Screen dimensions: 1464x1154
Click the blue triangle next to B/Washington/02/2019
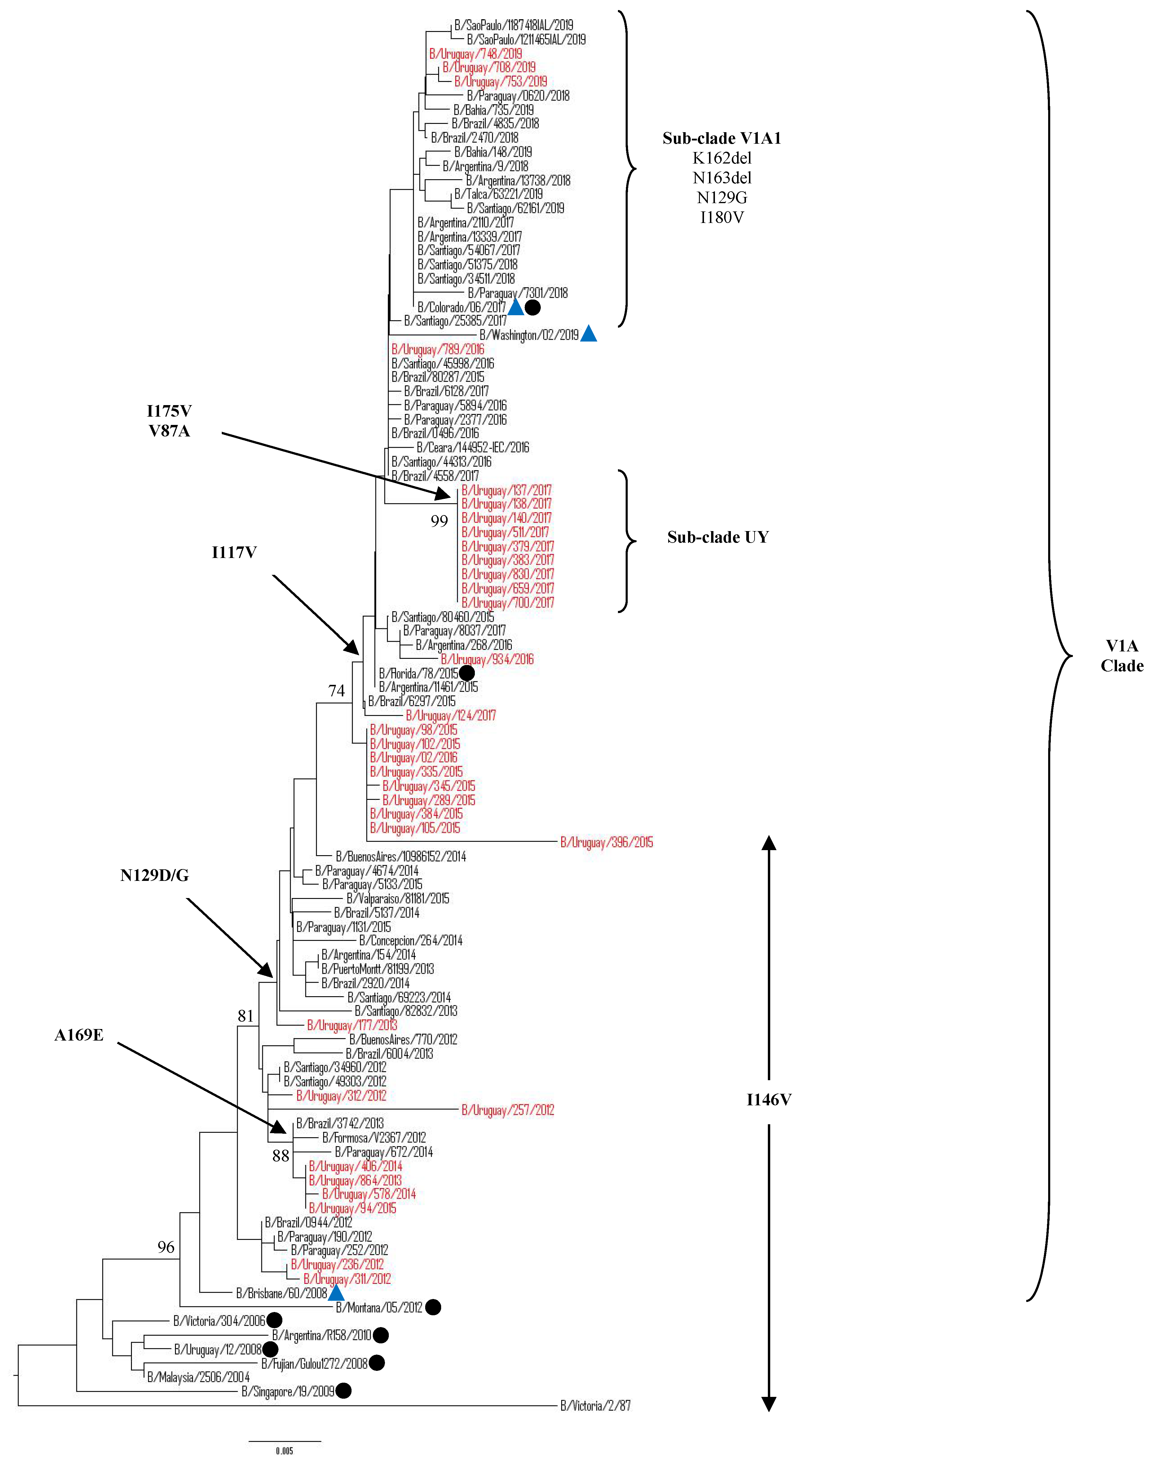pos(588,334)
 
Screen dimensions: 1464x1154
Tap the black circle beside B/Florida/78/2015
pos(467,673)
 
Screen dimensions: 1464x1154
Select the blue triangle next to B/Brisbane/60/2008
pos(336,1293)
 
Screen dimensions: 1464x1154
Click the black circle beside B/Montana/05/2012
pos(433,1307)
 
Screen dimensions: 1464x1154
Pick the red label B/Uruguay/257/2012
pos(507,1110)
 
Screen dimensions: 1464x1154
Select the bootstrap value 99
pos(439,521)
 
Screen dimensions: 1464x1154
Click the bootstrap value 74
pos(336,690)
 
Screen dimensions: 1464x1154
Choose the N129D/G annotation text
pos(155,876)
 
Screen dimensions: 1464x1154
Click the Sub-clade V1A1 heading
pos(722,138)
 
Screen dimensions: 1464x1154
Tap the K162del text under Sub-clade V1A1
pos(722,158)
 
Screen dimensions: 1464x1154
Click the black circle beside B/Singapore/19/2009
pos(343,1390)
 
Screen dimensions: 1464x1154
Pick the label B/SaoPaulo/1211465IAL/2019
pos(526,39)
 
